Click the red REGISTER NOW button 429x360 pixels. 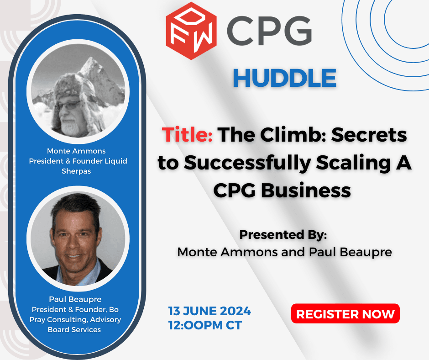click(x=345, y=314)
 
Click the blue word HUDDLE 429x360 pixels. click(x=284, y=78)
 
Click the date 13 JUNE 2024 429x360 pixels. click(x=209, y=311)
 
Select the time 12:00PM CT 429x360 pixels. click(x=205, y=325)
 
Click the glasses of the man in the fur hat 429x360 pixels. click(x=68, y=106)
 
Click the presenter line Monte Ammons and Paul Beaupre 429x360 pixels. click(x=284, y=252)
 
